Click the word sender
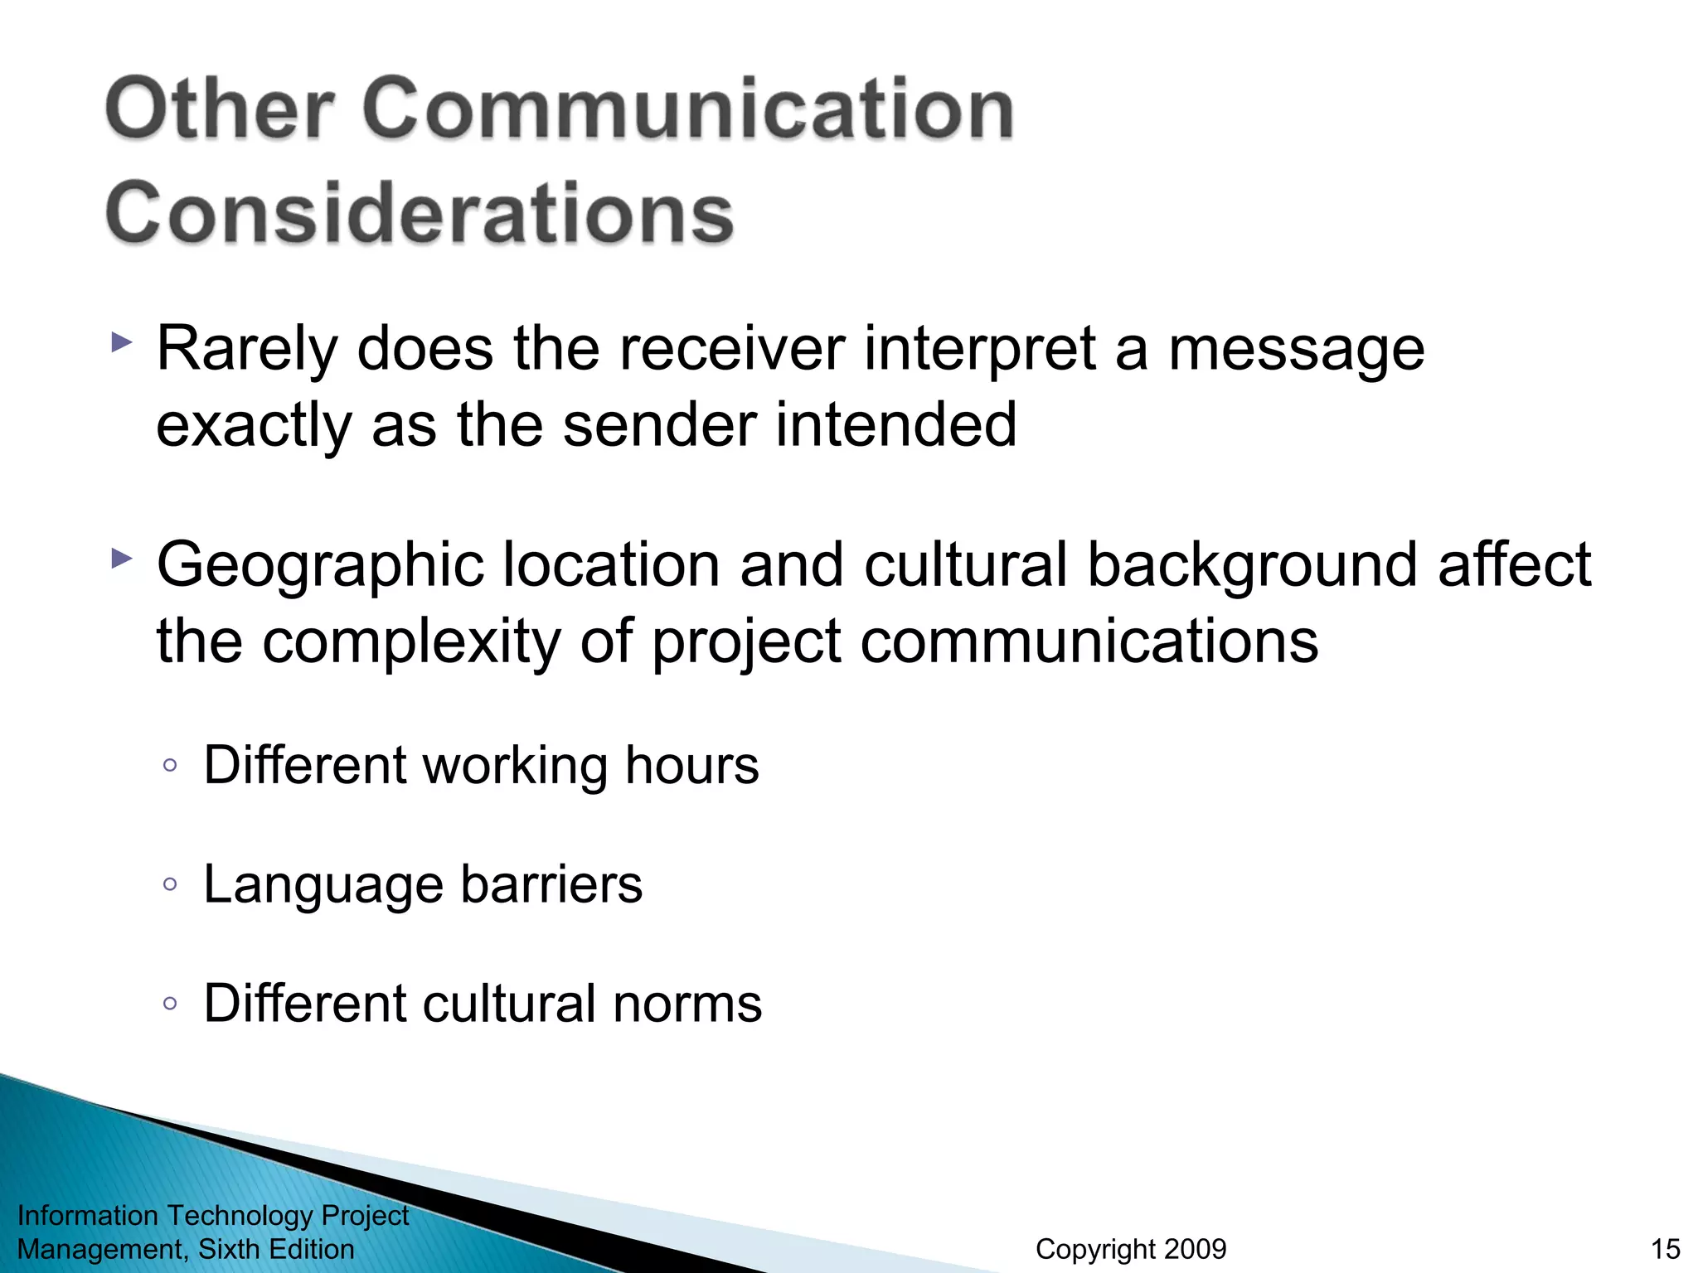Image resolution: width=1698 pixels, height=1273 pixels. point(659,424)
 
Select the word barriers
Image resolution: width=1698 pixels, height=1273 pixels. point(551,883)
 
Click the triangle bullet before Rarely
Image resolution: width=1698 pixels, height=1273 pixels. point(121,342)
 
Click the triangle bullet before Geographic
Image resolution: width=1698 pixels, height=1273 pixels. point(121,559)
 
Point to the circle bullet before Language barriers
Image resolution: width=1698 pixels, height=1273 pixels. point(170,884)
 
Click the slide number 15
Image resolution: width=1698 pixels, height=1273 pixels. point(1665,1249)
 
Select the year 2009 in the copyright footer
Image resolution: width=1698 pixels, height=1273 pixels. point(1192,1249)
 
